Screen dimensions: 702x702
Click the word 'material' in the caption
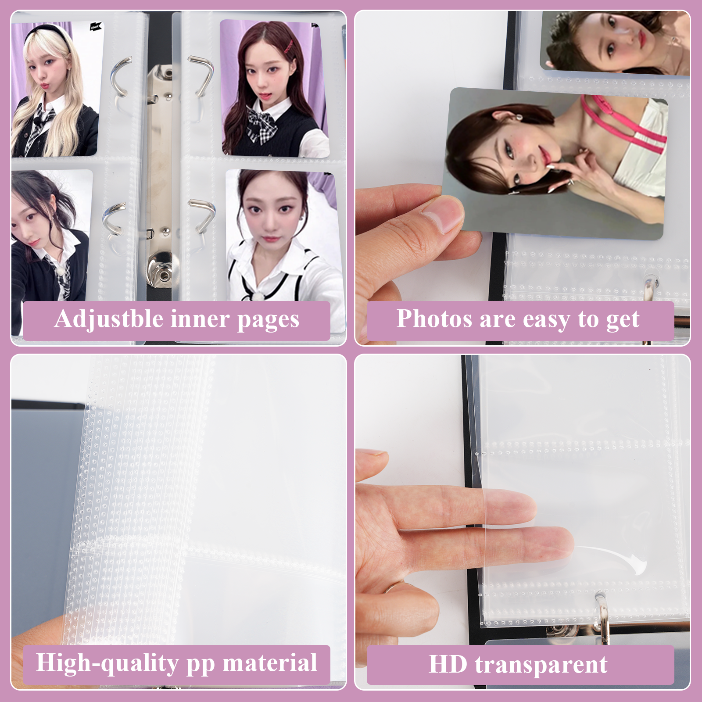pos(270,663)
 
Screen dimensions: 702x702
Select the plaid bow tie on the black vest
pos(262,124)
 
